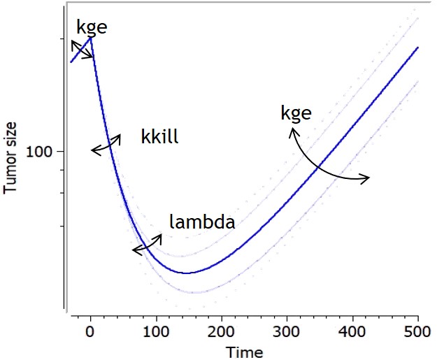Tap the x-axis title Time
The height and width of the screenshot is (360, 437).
248,352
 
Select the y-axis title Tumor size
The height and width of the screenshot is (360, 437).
10,153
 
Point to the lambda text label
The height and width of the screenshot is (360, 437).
202,223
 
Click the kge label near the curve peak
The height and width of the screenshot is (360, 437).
92,28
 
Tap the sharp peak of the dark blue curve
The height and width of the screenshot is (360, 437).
91,38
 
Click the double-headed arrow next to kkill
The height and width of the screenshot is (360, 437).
106,143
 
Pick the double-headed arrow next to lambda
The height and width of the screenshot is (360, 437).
147,243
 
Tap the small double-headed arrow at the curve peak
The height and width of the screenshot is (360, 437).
81,50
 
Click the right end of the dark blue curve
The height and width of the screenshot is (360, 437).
418,48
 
